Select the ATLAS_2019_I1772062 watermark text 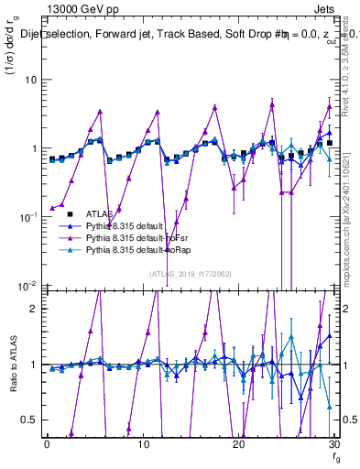coord(190,273)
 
